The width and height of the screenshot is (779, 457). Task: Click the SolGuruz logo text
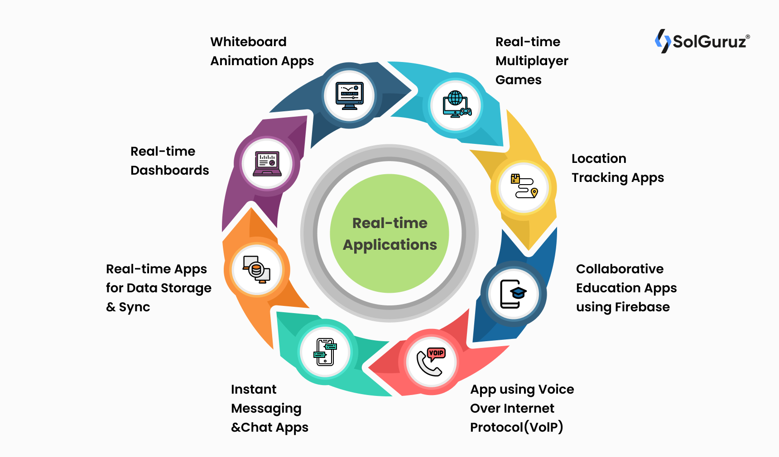tap(709, 42)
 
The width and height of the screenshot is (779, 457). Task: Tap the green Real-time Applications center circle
tap(389, 233)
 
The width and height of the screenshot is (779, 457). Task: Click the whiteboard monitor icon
tap(349, 95)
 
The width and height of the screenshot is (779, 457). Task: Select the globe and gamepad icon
tap(457, 105)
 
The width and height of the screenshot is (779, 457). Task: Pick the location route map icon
tap(524, 187)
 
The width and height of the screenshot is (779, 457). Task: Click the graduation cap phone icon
tap(513, 294)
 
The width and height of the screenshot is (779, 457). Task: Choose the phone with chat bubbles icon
tap(325, 352)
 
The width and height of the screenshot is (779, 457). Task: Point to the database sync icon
tap(257, 270)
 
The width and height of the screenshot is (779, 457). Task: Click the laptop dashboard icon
tap(267, 163)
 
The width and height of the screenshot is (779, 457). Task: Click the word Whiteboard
tap(248, 42)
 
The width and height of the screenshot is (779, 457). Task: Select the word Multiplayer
tap(532, 61)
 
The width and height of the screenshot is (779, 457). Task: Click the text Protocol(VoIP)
tap(516, 427)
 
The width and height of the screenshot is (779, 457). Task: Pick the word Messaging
tap(266, 408)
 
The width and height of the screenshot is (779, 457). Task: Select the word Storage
tap(186, 288)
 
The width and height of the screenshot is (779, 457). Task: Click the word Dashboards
tap(169, 170)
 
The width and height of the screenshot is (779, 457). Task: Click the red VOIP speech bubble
tap(436, 353)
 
